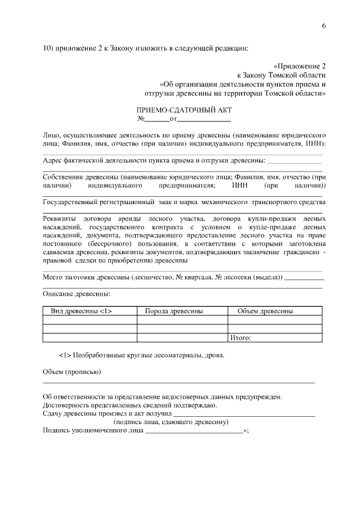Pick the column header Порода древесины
(174, 310)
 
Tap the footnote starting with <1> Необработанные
(141, 355)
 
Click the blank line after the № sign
(157, 120)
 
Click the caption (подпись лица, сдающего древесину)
(170, 422)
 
